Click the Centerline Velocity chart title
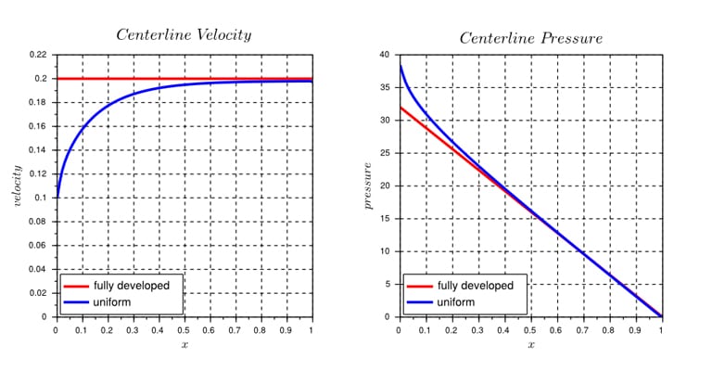click(183, 34)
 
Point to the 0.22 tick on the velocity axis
click(38, 55)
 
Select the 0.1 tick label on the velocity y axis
click(41, 198)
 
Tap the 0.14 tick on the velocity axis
click(38, 150)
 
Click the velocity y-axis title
click(17, 185)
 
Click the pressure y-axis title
click(368, 185)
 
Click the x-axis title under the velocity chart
click(184, 344)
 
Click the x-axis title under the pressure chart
click(530, 344)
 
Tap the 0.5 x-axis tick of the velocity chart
click(184, 329)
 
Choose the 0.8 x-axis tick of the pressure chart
click(609, 329)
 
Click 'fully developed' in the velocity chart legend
click(132, 286)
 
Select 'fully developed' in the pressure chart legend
click(475, 286)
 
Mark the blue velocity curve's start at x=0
click(57, 197)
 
